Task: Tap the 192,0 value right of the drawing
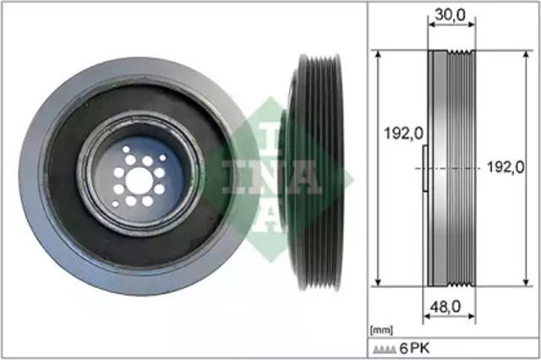(506, 167)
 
